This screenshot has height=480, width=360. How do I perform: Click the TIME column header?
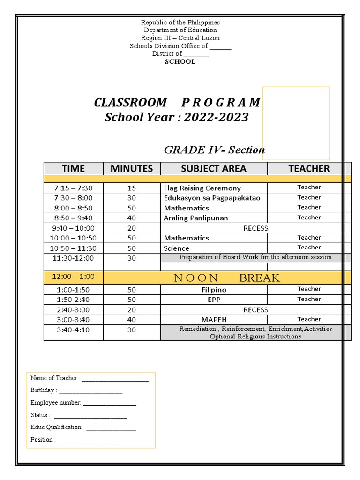coord(73,168)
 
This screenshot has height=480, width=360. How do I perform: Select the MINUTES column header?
coord(132,168)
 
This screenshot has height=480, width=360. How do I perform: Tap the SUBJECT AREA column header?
coord(213,168)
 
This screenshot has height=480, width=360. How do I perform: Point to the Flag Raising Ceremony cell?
coord(202,188)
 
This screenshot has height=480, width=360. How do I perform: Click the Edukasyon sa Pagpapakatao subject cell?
coord(212,198)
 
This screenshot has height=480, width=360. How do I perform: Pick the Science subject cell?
coord(177,248)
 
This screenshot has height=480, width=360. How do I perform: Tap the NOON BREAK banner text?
coord(227,278)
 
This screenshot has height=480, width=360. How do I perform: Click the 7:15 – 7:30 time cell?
coord(73,188)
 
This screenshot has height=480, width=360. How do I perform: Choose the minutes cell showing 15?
coord(132,188)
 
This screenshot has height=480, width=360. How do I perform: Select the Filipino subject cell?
coord(214,290)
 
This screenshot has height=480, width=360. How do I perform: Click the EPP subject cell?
coord(214,300)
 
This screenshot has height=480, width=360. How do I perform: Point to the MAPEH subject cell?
coord(214,320)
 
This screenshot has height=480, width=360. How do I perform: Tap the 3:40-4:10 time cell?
coord(73,330)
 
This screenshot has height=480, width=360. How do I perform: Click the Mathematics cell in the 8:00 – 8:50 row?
coord(187,208)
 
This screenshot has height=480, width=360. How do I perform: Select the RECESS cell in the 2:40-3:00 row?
coord(255,310)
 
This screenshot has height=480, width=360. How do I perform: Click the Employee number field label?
coord(56,403)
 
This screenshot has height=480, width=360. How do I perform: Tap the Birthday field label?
coord(44,390)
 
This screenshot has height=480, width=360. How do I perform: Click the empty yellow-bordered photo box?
coord(296,123)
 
